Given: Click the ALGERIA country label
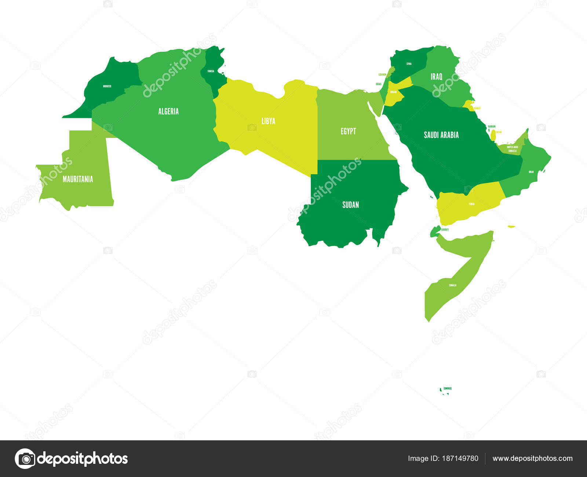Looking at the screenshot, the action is click(168, 111).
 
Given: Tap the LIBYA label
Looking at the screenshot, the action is click(268, 121).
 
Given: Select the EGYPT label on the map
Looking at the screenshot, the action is click(348, 131).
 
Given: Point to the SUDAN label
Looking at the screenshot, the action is click(350, 205).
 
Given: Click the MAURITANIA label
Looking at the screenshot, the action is click(78, 179).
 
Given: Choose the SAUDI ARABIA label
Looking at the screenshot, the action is click(441, 135).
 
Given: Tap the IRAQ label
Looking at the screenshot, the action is click(436, 77).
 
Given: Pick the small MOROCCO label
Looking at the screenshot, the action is click(107, 86).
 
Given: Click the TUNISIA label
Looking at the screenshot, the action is click(211, 71).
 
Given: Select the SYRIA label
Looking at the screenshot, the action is click(409, 64).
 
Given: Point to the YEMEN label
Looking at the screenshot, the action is click(471, 204).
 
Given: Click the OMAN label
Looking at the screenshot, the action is click(531, 172).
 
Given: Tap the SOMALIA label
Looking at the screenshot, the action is click(453, 285).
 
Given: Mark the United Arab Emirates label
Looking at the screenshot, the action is click(512, 149).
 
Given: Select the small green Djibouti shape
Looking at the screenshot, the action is click(435, 230).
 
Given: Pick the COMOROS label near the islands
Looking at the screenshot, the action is click(447, 388).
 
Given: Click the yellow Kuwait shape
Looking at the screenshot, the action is click(468, 105).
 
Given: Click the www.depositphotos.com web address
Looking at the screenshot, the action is click(532, 458).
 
